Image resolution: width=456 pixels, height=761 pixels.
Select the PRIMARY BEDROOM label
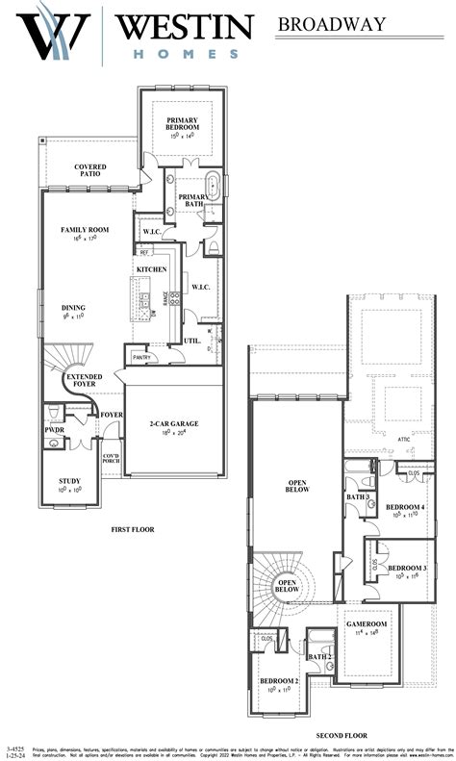coord(182,123)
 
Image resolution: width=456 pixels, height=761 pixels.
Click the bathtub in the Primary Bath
coord(213,188)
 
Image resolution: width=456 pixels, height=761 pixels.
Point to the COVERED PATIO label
coord(90,171)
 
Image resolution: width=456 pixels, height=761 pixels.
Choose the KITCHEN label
coord(151,269)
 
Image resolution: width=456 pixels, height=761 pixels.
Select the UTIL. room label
coord(192,341)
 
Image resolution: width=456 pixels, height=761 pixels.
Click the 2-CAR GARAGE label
coord(174,424)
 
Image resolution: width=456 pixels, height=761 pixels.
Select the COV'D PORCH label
coord(111,459)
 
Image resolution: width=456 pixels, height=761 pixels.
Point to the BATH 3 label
coord(358,496)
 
